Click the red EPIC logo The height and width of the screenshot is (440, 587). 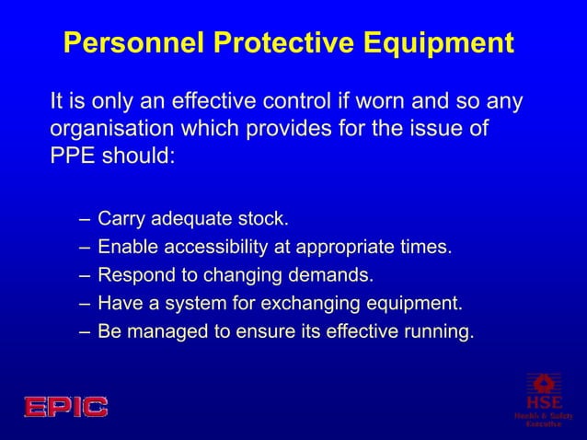[65, 406]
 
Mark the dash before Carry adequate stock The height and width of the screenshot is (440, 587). [85, 220]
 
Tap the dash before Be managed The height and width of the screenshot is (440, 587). [85, 330]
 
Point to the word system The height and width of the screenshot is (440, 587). [191, 303]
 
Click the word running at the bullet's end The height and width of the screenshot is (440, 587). [441, 330]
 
